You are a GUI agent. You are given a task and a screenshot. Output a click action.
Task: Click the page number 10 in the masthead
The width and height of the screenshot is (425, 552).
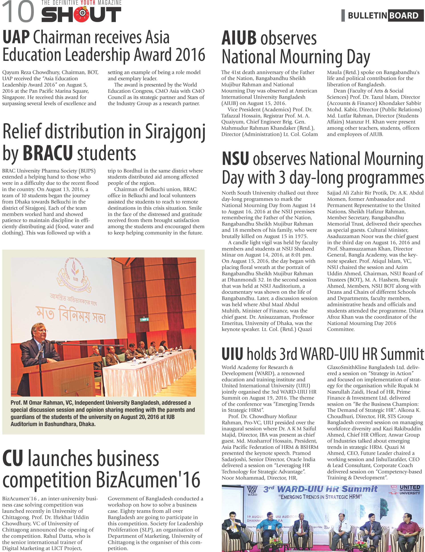click(x=18, y=12)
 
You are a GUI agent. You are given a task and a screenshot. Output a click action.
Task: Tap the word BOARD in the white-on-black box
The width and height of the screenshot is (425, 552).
click(x=404, y=16)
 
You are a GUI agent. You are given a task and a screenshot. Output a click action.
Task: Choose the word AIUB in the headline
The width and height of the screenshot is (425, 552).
click(x=239, y=38)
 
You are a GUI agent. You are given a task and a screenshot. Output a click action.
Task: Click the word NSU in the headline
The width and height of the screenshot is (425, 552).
click(x=235, y=159)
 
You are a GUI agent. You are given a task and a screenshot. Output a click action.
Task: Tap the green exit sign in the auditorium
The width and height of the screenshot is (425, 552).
click(x=144, y=320)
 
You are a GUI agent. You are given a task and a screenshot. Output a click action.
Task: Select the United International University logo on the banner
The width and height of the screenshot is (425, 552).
click(x=406, y=490)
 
